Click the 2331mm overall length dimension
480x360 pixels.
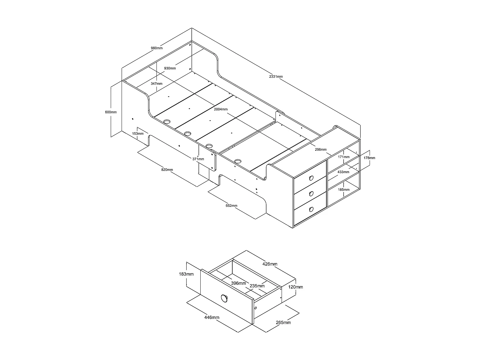276,77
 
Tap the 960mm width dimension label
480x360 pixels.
157,48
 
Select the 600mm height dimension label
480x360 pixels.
111,112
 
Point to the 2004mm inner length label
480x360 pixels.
221,109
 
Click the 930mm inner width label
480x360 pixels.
170,68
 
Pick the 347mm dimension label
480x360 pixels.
156,84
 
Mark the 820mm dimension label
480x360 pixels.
167,169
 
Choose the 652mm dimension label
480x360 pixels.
231,205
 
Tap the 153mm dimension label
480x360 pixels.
138,133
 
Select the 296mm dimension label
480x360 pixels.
321,149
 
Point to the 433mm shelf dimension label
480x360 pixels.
343,172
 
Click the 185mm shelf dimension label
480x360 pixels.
343,189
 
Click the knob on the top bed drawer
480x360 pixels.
311,178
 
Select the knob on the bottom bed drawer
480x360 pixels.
311,209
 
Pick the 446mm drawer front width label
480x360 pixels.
212,317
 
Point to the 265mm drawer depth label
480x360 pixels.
283,322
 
